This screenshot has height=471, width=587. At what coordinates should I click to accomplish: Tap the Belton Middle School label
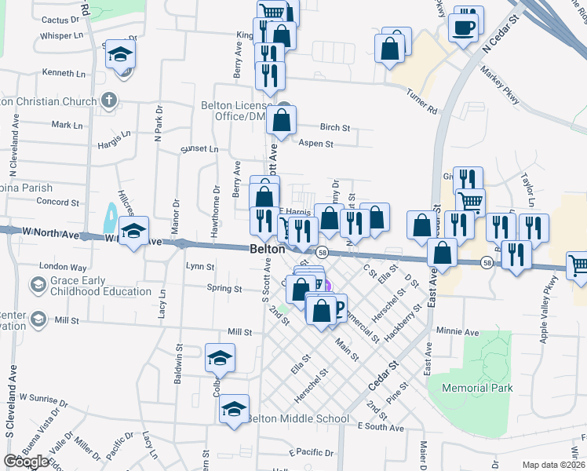pos(298,418)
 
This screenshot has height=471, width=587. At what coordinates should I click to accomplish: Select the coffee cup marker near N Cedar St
pos(463,27)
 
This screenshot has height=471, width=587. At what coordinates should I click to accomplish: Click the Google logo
pos(26,462)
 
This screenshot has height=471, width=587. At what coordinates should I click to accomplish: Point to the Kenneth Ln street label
pos(64,73)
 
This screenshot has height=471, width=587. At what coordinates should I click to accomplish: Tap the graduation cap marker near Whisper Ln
pos(120,55)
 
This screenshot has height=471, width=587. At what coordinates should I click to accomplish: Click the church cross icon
pos(109,100)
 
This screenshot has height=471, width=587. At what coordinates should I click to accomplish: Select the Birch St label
pos(334,127)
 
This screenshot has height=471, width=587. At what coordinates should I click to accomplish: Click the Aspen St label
pos(316,144)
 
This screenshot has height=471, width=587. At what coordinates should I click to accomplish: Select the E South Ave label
pos(380,427)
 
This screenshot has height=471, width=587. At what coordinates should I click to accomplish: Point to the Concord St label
pos(60,202)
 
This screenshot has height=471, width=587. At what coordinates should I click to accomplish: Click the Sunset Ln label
pos(199,148)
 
